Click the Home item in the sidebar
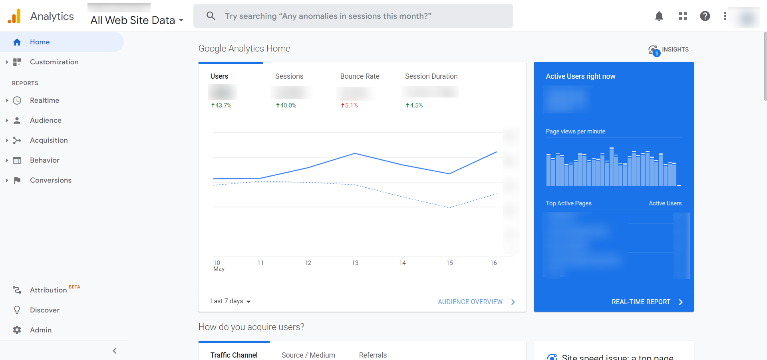tap(40, 42)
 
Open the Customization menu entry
tap(54, 62)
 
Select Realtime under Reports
tap(44, 100)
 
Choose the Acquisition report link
tap(49, 140)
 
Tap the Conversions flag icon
tap(17, 180)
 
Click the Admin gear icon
tap(17, 330)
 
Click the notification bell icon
tap(659, 16)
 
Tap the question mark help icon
tap(705, 16)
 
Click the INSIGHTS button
tap(669, 50)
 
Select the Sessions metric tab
tap(289, 76)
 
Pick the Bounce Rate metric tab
tap(360, 76)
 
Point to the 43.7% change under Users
tap(222, 105)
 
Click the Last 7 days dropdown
tap(230, 301)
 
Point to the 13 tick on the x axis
tap(355, 263)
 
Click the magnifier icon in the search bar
tap(211, 16)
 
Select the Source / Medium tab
tap(308, 355)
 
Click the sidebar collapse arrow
tap(115, 351)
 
